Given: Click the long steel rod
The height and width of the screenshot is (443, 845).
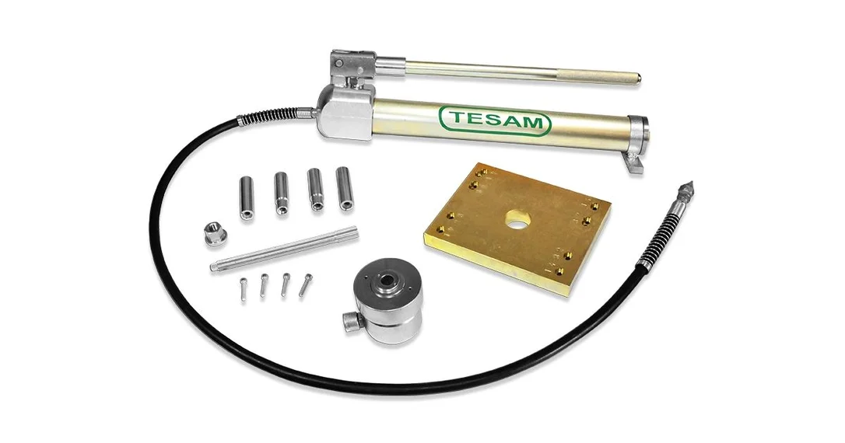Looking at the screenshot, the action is point(284,249).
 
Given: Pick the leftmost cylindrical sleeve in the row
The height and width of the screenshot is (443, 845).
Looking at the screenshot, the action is point(247,199).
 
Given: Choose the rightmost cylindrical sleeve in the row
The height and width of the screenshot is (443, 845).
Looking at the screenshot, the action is point(345,188).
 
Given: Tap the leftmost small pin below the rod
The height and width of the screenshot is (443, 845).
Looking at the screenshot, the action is point(243,290).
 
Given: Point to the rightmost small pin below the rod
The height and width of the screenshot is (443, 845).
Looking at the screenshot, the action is point(306,284).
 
